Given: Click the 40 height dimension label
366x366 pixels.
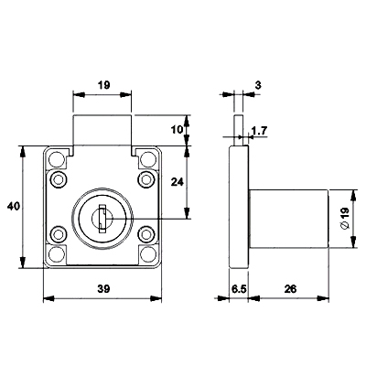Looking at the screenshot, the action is click(x=14, y=207).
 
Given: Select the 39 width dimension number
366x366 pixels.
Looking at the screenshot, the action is click(x=103, y=288).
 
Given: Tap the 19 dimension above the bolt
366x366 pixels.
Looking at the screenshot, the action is click(x=104, y=85).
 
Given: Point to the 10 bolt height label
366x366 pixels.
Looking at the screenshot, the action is click(x=177, y=130).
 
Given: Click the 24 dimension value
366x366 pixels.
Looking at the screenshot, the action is click(x=178, y=182).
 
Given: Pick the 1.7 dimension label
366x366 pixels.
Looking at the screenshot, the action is click(x=259, y=131).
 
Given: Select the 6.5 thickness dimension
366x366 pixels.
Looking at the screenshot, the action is click(x=239, y=288).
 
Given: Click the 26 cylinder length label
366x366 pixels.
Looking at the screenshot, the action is click(x=290, y=288).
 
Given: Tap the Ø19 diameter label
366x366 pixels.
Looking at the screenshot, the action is click(x=344, y=218).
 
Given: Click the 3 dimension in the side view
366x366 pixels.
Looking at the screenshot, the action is click(x=258, y=85).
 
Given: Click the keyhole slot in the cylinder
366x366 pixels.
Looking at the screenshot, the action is click(x=102, y=219).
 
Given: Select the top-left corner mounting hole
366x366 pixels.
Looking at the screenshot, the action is click(x=56, y=158).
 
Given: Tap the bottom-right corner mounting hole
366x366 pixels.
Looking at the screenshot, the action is click(x=148, y=254).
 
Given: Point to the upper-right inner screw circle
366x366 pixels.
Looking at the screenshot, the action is click(x=146, y=179).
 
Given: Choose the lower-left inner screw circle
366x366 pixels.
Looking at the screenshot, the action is click(x=58, y=234).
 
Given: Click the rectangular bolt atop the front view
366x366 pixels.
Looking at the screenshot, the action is click(x=102, y=131).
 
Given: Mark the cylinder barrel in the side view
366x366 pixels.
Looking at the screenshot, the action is click(x=288, y=219).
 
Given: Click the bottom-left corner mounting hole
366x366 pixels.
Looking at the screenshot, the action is click(x=56, y=254).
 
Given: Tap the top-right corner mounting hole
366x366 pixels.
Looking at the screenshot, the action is click(x=148, y=158).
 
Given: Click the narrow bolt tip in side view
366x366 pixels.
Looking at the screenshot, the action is click(x=239, y=131).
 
